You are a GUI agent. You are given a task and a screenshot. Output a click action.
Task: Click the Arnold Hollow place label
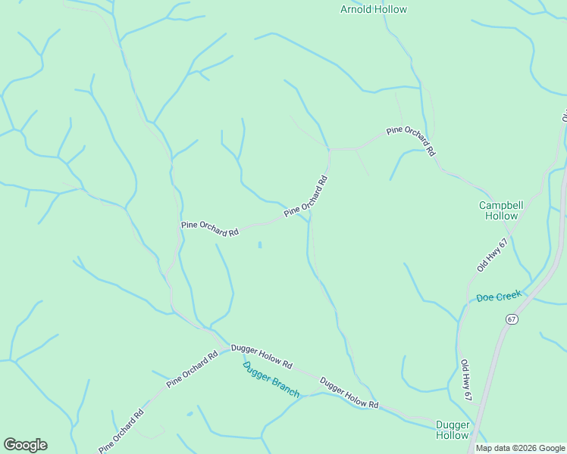click(373, 10)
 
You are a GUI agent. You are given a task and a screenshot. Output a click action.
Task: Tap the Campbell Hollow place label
click(502, 210)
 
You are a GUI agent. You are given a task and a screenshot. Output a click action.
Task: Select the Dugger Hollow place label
click(453, 430)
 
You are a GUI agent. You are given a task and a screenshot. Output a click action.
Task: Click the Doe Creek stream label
click(498, 297)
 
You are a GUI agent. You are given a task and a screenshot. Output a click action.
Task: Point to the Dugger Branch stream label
click(271, 380)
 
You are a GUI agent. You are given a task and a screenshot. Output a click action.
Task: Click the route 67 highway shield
click(512, 319)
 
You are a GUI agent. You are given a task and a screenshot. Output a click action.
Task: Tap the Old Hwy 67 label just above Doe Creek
click(492, 255)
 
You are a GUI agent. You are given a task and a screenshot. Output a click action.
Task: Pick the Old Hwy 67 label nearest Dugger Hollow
click(466, 381)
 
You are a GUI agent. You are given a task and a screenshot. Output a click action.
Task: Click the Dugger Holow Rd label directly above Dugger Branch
click(262, 354)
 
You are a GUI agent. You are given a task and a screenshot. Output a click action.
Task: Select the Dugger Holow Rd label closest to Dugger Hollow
click(349, 393)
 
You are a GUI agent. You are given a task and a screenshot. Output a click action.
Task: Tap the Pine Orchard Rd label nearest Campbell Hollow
click(411, 141)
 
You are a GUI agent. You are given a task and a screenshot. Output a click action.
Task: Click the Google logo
click(25, 444)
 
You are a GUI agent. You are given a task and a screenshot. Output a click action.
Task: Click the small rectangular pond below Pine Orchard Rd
click(260, 244)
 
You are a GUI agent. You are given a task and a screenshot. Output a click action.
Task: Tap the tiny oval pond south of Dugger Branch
click(189, 414)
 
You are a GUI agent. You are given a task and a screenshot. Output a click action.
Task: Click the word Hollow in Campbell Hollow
click(502, 216)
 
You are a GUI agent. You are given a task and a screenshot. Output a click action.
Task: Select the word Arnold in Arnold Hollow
click(356, 10)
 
